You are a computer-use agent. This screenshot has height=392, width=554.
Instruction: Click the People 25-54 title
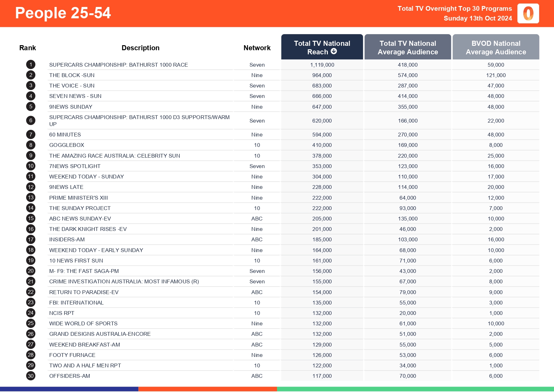(63, 13)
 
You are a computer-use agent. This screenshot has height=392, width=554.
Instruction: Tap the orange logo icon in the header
(528, 14)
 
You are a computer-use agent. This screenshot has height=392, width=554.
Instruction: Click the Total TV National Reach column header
(322, 47)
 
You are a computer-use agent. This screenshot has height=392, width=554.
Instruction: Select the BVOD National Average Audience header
(496, 47)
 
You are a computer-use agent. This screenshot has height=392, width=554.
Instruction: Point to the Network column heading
(257, 48)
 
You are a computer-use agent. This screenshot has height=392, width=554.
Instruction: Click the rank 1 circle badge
(31, 65)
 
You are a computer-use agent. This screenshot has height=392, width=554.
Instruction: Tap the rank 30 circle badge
(31, 376)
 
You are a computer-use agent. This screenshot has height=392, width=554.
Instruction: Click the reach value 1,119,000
(322, 65)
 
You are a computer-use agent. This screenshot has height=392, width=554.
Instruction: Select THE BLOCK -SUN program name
(72, 75)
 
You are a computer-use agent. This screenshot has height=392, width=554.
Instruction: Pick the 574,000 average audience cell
(407, 75)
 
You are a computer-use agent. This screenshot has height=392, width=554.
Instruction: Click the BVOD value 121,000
(496, 75)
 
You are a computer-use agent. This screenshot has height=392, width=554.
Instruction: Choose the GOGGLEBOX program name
(67, 145)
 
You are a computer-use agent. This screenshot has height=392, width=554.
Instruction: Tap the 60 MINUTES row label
(65, 135)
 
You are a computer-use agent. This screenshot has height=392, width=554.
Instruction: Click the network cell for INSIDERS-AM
(257, 239)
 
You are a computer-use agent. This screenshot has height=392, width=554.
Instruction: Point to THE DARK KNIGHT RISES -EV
(88, 229)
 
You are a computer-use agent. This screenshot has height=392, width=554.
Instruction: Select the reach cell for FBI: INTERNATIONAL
(322, 303)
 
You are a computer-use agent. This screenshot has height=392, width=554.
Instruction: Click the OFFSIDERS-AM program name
(69, 376)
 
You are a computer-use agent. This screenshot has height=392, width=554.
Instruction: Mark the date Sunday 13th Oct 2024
(478, 18)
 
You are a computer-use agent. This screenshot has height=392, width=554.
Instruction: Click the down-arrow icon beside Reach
(334, 51)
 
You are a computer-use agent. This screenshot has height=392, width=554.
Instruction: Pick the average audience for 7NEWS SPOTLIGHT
(407, 166)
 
